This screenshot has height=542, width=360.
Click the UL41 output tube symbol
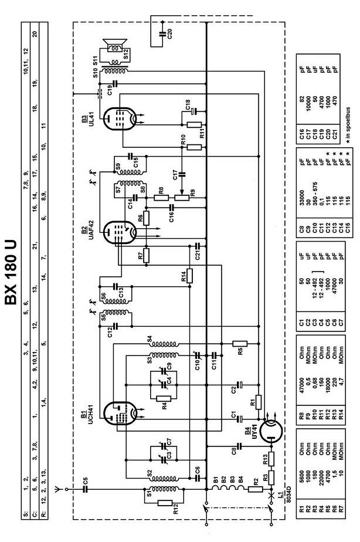117,117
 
